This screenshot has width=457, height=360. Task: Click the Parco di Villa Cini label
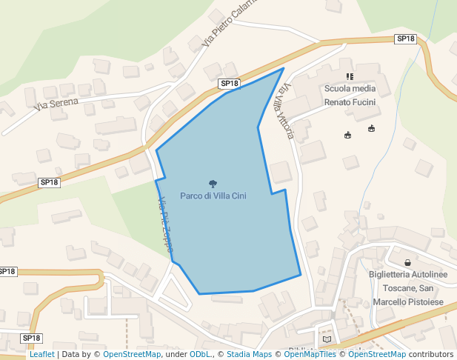tap(213, 196)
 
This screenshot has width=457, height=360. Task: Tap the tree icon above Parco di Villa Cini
tap(213, 184)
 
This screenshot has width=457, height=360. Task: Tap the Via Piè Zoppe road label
tap(164, 225)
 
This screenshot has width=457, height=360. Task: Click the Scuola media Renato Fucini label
tap(350, 95)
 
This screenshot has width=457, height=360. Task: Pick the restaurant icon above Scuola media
tap(350, 76)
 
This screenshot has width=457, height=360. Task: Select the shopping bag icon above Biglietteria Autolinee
tap(408, 262)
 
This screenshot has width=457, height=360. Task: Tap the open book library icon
tap(327, 339)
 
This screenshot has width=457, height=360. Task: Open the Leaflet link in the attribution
tap(41, 355)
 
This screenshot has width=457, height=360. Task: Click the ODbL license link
tap(200, 355)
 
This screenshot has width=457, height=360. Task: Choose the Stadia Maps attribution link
tap(249, 355)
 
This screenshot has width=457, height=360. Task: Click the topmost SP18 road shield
tap(405, 39)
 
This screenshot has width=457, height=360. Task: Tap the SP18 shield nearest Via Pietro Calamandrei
tap(230, 84)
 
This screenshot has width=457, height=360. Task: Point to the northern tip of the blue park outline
tap(283, 69)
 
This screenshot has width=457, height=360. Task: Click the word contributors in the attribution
tap(432, 355)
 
